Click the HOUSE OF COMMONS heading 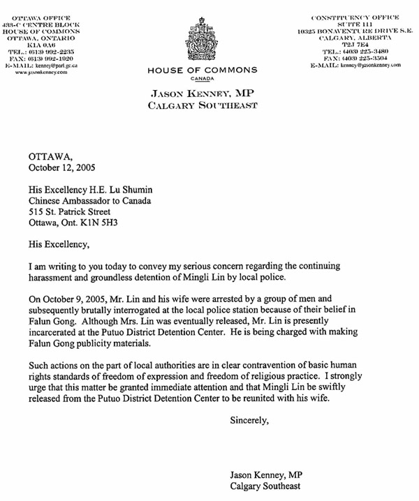pyautogui.click(x=203, y=70)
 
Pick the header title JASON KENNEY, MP pyautogui.click(x=203, y=94)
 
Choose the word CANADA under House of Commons pyautogui.click(x=203, y=80)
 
